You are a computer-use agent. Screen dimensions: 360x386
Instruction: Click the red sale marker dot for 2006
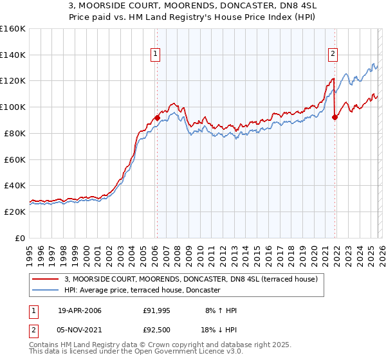pyautogui.click(x=157, y=118)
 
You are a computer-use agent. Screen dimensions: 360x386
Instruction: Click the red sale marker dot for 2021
pyautogui.click(x=335, y=117)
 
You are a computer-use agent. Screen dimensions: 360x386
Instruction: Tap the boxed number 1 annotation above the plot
pyautogui.click(x=156, y=55)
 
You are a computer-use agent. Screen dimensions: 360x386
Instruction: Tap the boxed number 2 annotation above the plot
pyautogui.click(x=333, y=55)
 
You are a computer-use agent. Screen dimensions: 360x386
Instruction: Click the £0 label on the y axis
pyautogui.click(x=19, y=238)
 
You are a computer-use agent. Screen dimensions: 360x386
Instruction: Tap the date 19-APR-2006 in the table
pyautogui.click(x=79, y=310)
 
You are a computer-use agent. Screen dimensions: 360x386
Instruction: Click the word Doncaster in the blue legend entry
pyautogui.click(x=201, y=291)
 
